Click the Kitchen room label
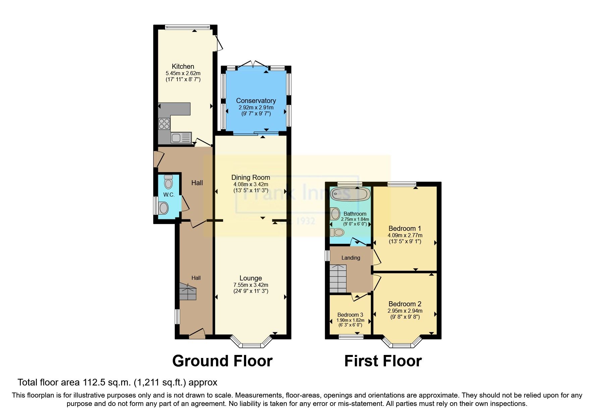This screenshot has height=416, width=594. click(x=183, y=66)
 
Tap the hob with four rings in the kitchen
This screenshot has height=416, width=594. click(x=164, y=124)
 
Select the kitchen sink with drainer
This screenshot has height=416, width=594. click(x=181, y=138)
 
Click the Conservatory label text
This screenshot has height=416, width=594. click(x=256, y=101)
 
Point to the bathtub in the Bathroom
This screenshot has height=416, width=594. click(x=350, y=194)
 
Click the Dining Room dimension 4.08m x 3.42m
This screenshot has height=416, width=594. click(x=251, y=184)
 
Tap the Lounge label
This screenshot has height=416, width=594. click(x=251, y=278)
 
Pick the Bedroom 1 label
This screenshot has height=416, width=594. click(x=404, y=228)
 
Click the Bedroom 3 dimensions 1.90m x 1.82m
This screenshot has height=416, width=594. click(x=350, y=320)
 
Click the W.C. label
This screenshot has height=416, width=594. click(x=169, y=195)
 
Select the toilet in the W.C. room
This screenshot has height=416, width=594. click(x=168, y=183)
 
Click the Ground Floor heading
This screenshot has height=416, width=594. click(x=222, y=361)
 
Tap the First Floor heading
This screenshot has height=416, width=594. click(x=383, y=361)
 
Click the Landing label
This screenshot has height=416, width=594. click(x=350, y=258)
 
